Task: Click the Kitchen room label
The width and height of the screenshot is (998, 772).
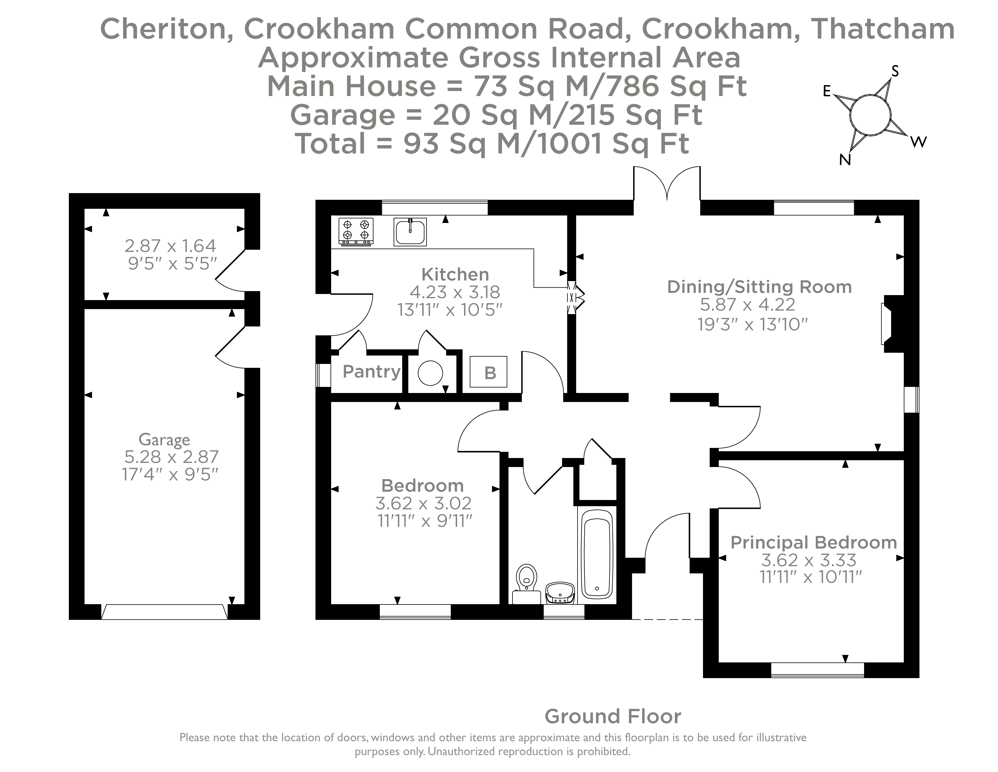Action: (x=455, y=274)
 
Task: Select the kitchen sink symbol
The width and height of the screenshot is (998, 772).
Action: (x=410, y=231)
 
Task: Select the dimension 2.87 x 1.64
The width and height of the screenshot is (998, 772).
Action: (x=170, y=246)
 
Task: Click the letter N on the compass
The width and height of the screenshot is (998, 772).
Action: (x=845, y=160)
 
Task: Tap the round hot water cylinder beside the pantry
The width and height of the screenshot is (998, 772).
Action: (x=430, y=373)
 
